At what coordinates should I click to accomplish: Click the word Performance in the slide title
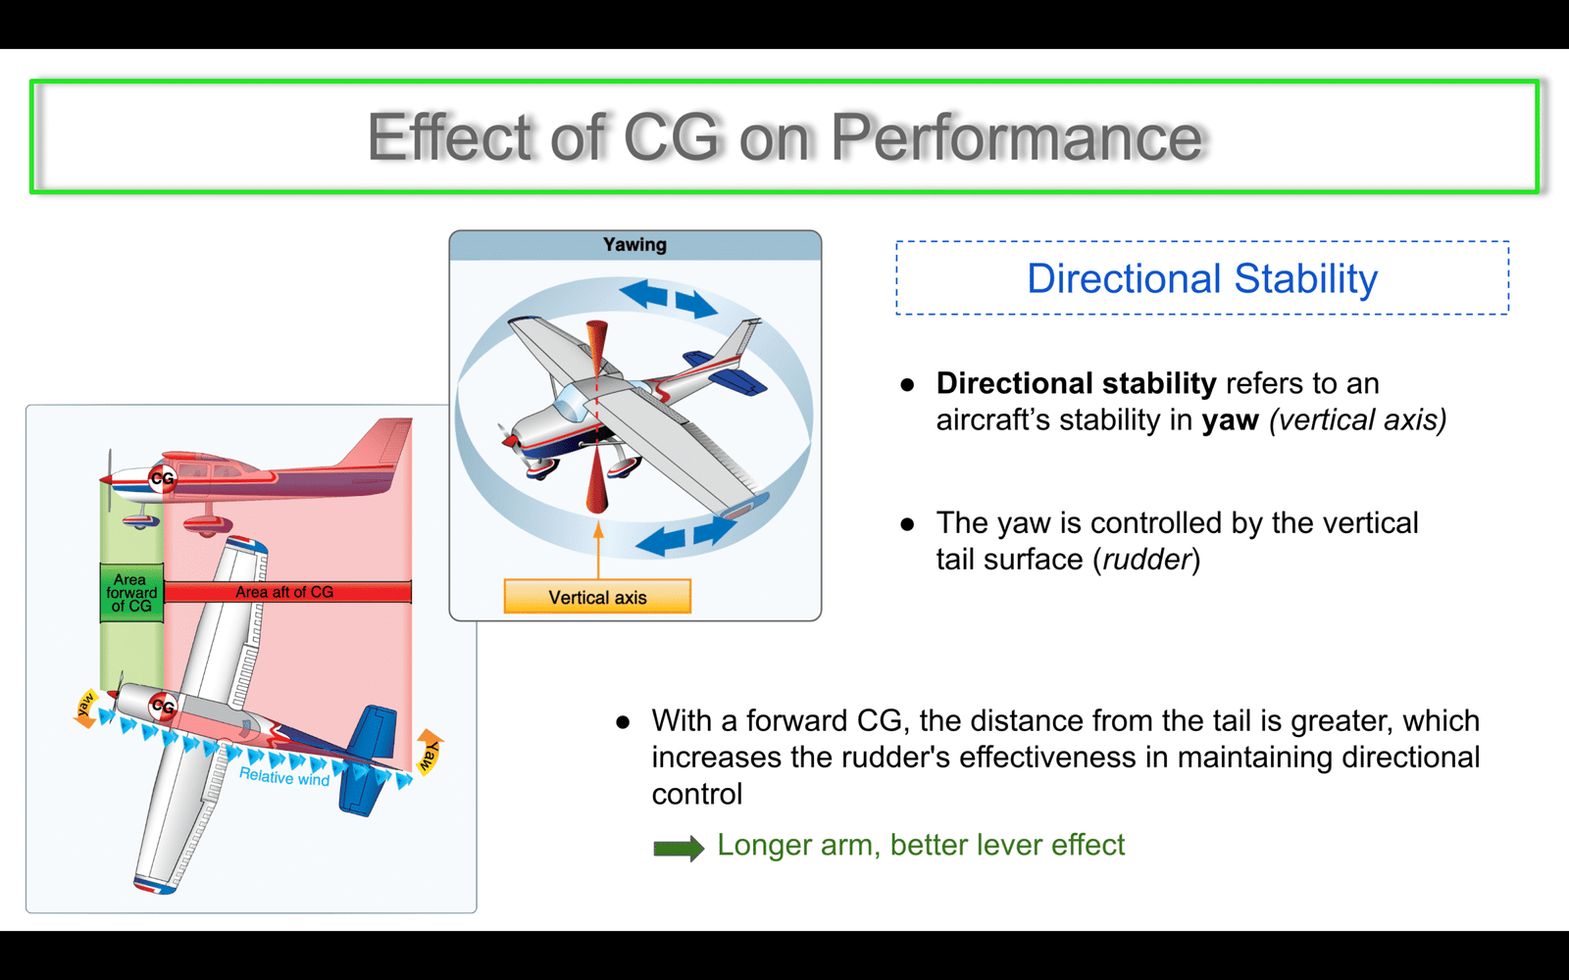[x=1016, y=137]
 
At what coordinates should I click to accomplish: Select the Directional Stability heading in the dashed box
[x=1202, y=278]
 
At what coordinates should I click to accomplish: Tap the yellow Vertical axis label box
[x=597, y=597]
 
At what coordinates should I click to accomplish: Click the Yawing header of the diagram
[x=634, y=244]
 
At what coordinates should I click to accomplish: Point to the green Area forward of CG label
[x=131, y=593]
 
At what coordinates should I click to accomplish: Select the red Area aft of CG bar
[x=287, y=592]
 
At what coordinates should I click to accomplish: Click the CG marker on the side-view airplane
[x=162, y=479]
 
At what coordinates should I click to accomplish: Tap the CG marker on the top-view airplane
[x=163, y=707]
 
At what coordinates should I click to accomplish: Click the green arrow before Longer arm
[x=678, y=848]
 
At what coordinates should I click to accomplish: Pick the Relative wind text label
[x=284, y=776]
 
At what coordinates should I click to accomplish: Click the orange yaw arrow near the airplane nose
[x=85, y=708]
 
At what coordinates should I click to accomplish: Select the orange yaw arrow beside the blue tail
[x=429, y=752]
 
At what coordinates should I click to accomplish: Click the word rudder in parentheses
[x=1146, y=560]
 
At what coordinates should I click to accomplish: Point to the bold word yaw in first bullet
[x=1230, y=420]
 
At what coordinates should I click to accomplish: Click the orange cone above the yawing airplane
[x=597, y=348]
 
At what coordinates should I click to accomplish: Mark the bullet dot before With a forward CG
[x=623, y=722]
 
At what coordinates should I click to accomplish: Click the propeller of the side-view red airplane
[x=109, y=479]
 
